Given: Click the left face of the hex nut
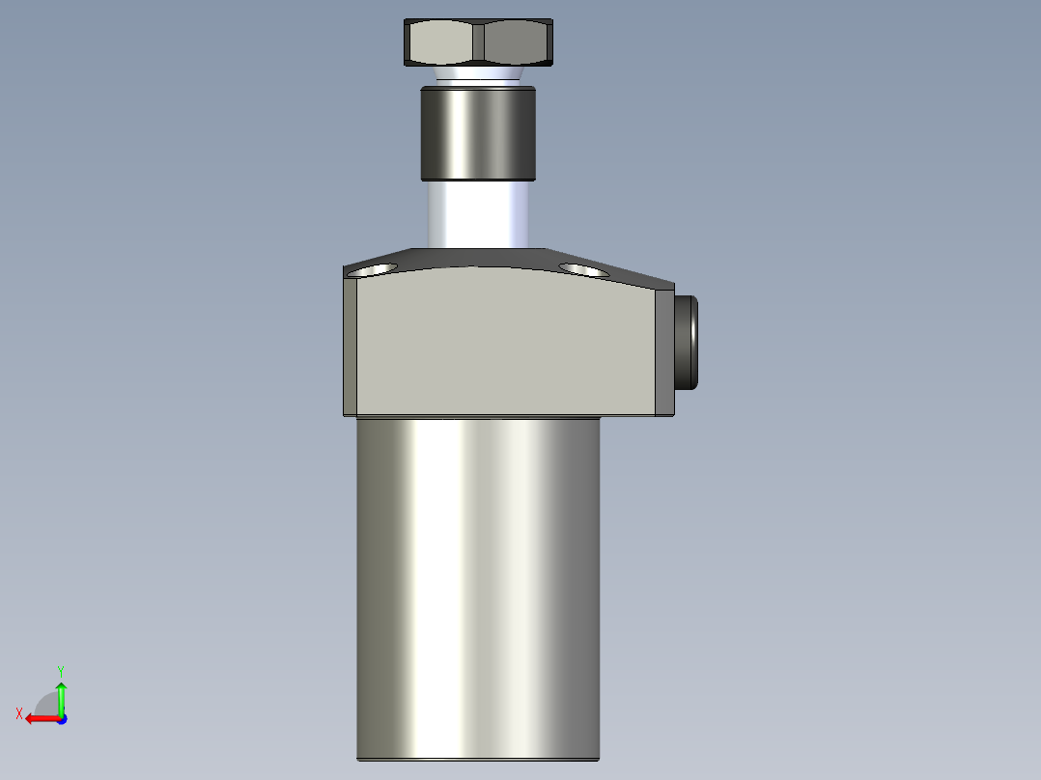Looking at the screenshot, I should coord(442,43).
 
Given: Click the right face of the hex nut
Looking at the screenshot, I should coord(517,43).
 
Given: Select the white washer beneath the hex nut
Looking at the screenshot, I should coord(478,75).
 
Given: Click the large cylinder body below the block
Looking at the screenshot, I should coord(478,579).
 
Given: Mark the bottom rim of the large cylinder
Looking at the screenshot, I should coord(478,759).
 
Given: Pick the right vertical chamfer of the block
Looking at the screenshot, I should coord(665,348).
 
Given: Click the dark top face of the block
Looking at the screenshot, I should coord(483,259).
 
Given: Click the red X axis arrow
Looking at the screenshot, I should coord(39,718).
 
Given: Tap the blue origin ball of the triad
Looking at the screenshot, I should coord(61,718).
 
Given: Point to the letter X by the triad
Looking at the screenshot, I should coord(19,713).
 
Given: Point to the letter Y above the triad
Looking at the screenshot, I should coord(61,670).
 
